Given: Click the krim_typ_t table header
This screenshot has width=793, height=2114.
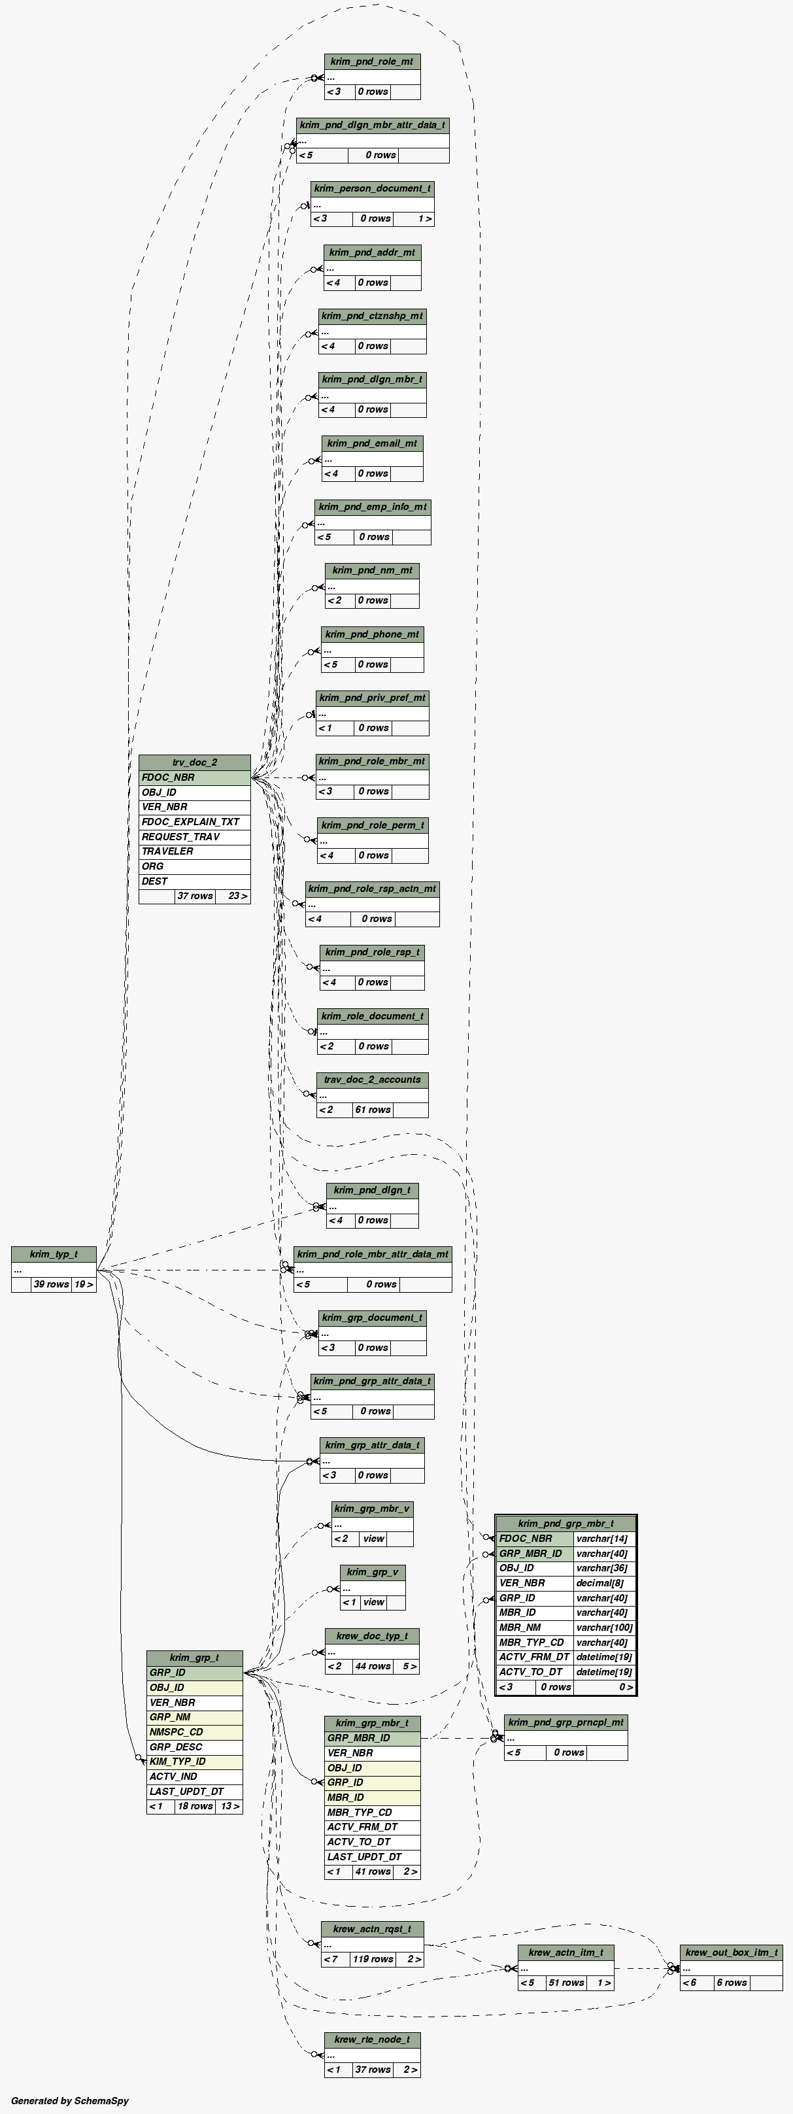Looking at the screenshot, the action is pyautogui.click(x=54, y=1254).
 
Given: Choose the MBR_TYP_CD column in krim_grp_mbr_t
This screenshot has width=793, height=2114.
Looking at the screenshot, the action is pyautogui.click(x=372, y=1812).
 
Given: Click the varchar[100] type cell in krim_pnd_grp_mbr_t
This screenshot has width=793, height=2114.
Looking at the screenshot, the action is pyautogui.click(x=604, y=1628).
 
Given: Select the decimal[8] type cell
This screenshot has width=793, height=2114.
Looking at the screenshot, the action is pyautogui.click(x=604, y=1583).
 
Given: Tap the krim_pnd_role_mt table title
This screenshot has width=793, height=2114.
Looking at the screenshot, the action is pyautogui.click(x=372, y=61).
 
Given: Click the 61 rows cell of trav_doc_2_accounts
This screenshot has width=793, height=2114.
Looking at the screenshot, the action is pyautogui.click(x=373, y=1110).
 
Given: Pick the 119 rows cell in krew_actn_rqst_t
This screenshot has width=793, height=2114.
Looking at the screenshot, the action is pyautogui.click(x=373, y=1959).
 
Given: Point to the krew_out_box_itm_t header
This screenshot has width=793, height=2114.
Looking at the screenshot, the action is pyautogui.click(x=731, y=1952).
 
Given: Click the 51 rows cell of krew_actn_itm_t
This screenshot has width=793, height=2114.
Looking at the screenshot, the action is pyautogui.click(x=566, y=1983).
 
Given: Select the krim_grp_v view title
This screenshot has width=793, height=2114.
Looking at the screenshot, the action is pyautogui.click(x=373, y=1573).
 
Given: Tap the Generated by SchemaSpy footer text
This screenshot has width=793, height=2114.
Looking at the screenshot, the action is pyautogui.click(x=70, y=2101).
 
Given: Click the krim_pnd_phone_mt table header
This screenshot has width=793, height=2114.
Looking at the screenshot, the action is pyautogui.click(x=373, y=634).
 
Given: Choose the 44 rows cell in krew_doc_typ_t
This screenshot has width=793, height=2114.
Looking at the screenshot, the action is pyautogui.click(x=373, y=1667).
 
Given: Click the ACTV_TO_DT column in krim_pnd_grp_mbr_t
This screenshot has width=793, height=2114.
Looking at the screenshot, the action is pyautogui.click(x=534, y=1672).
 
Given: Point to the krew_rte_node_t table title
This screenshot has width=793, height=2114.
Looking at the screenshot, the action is pyautogui.click(x=372, y=2039).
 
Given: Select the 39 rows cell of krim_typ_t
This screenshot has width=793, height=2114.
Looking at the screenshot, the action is pyautogui.click(x=51, y=1284).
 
